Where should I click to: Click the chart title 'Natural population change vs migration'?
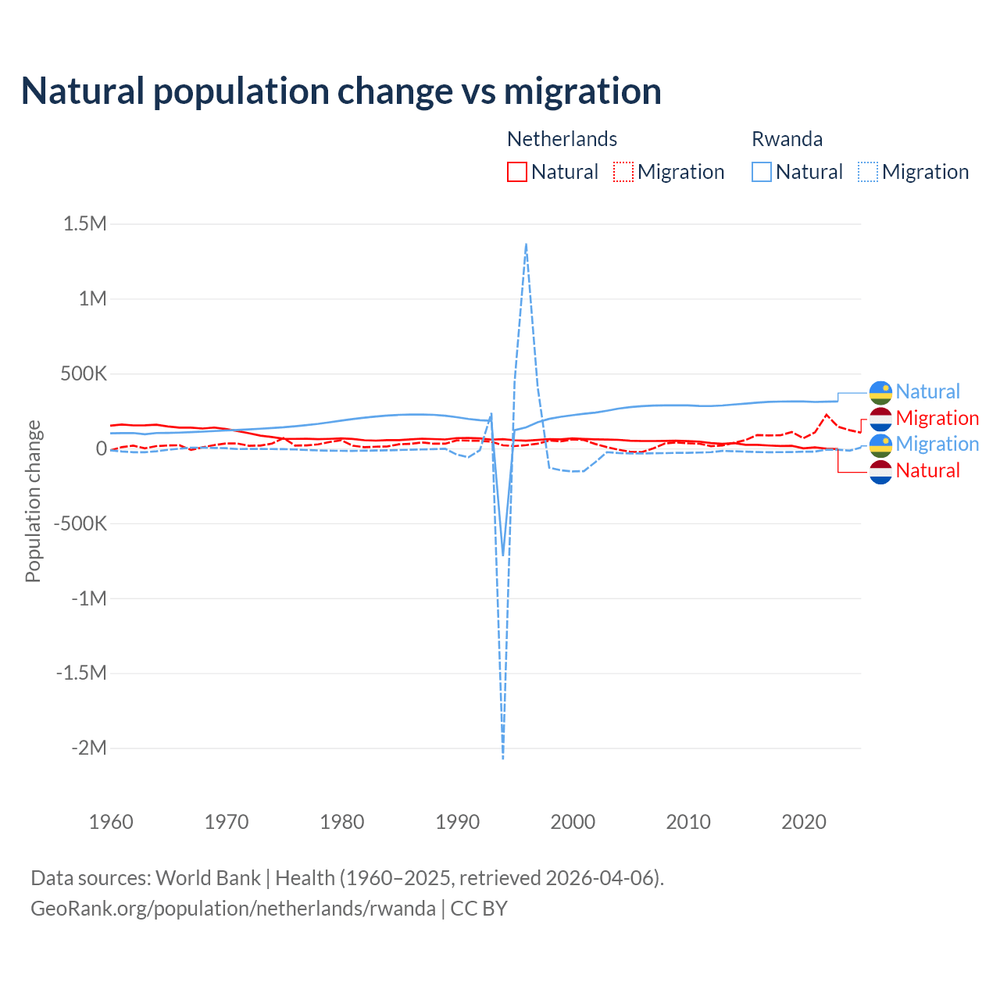pos(341,91)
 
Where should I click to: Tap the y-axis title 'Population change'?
pos(33,501)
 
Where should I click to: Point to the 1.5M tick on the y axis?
pos(84,224)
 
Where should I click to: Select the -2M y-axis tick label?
pos(88,748)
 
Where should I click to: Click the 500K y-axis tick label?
pos(84,373)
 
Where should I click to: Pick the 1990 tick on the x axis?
pos(458,822)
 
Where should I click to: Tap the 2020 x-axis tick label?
pos(804,822)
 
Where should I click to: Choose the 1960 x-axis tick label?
pos(112,822)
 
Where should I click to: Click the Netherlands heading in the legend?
pos(562,139)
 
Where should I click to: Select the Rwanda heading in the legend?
pos(787,139)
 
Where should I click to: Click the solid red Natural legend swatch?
pos(517,172)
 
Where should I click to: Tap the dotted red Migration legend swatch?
pos(623,172)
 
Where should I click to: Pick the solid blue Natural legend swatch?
pos(762,172)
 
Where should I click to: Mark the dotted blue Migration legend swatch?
pos(868,172)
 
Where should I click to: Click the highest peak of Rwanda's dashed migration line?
pos(526,244)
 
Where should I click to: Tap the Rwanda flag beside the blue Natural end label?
pos(880,392)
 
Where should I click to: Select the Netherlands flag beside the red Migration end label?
pos(880,419)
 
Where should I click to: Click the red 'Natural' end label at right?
pos(927,470)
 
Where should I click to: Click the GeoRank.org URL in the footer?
pos(233,909)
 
